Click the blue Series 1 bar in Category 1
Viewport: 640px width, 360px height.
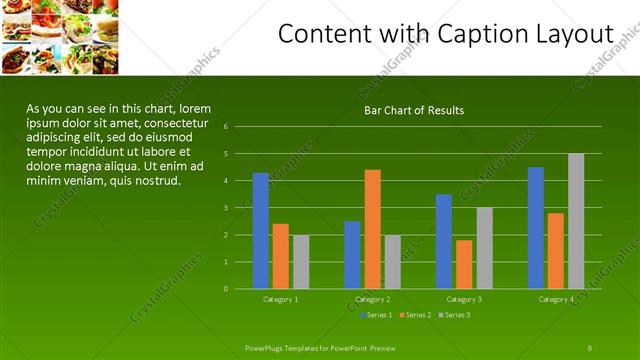(x=260, y=230)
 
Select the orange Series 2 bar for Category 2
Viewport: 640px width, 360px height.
(x=372, y=229)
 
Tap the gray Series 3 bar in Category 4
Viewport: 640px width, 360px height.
(x=576, y=221)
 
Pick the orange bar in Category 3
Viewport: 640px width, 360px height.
(x=464, y=264)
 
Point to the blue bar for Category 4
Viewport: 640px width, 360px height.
(x=536, y=227)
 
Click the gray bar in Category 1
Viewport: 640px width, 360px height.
(x=301, y=261)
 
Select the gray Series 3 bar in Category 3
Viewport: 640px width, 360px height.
(x=484, y=247)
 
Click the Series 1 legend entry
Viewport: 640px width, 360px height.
(x=377, y=315)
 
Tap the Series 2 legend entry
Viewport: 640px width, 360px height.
(x=415, y=315)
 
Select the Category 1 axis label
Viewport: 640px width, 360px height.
(x=280, y=299)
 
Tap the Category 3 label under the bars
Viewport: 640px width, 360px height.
(x=464, y=299)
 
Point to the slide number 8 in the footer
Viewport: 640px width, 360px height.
(x=590, y=347)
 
